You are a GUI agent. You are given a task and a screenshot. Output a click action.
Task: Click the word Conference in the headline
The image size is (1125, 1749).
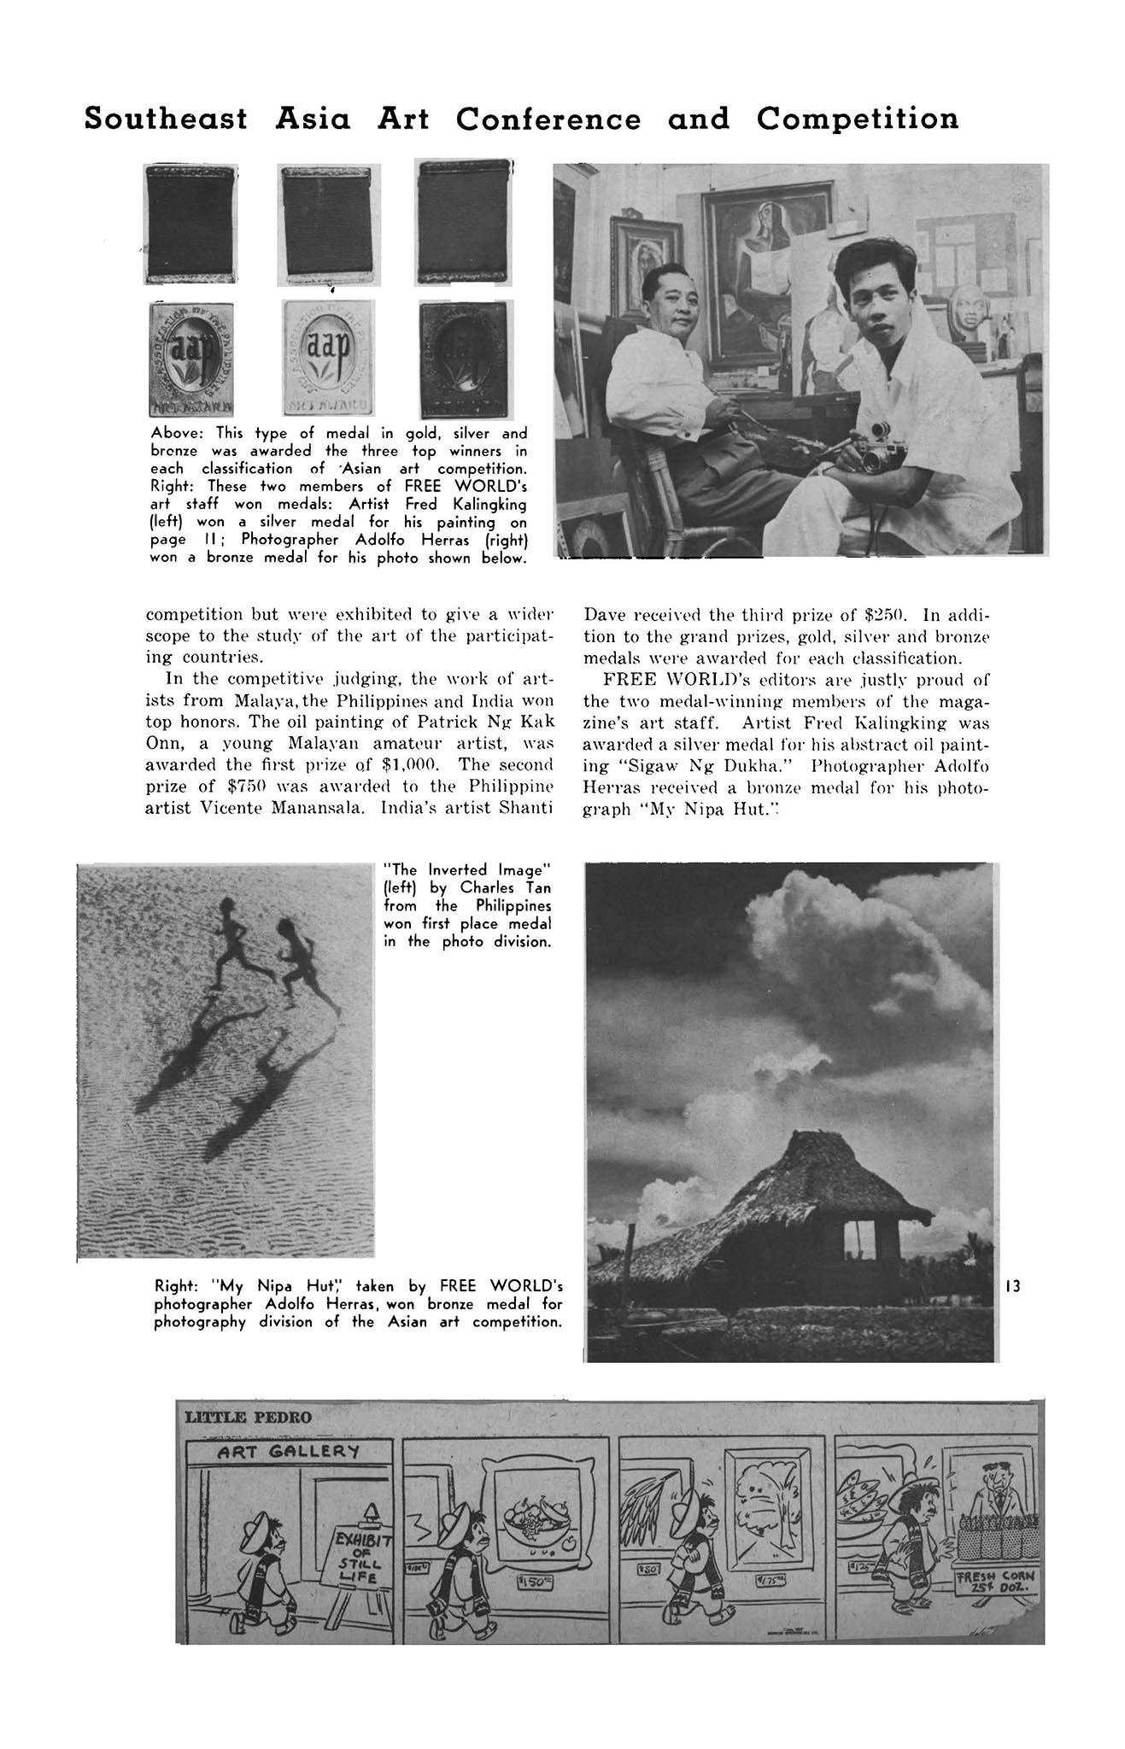(548, 120)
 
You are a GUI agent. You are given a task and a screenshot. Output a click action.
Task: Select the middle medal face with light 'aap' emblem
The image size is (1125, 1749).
(329, 357)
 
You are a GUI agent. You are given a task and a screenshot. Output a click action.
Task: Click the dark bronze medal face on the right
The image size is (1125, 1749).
(461, 359)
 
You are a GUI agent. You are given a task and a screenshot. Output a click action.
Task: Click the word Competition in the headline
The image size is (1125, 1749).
(857, 120)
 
